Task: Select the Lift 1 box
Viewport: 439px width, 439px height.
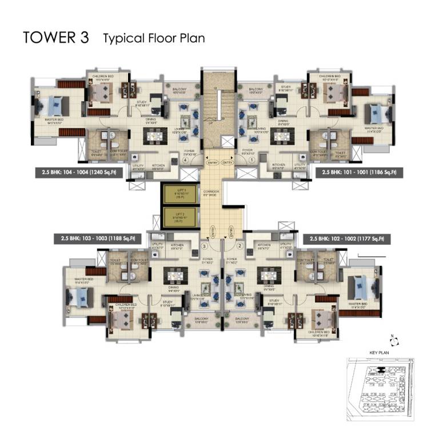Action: coord(178,195)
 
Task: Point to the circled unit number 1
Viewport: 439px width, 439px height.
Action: coord(236,161)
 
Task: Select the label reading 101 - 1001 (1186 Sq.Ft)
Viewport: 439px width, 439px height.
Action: coord(360,171)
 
